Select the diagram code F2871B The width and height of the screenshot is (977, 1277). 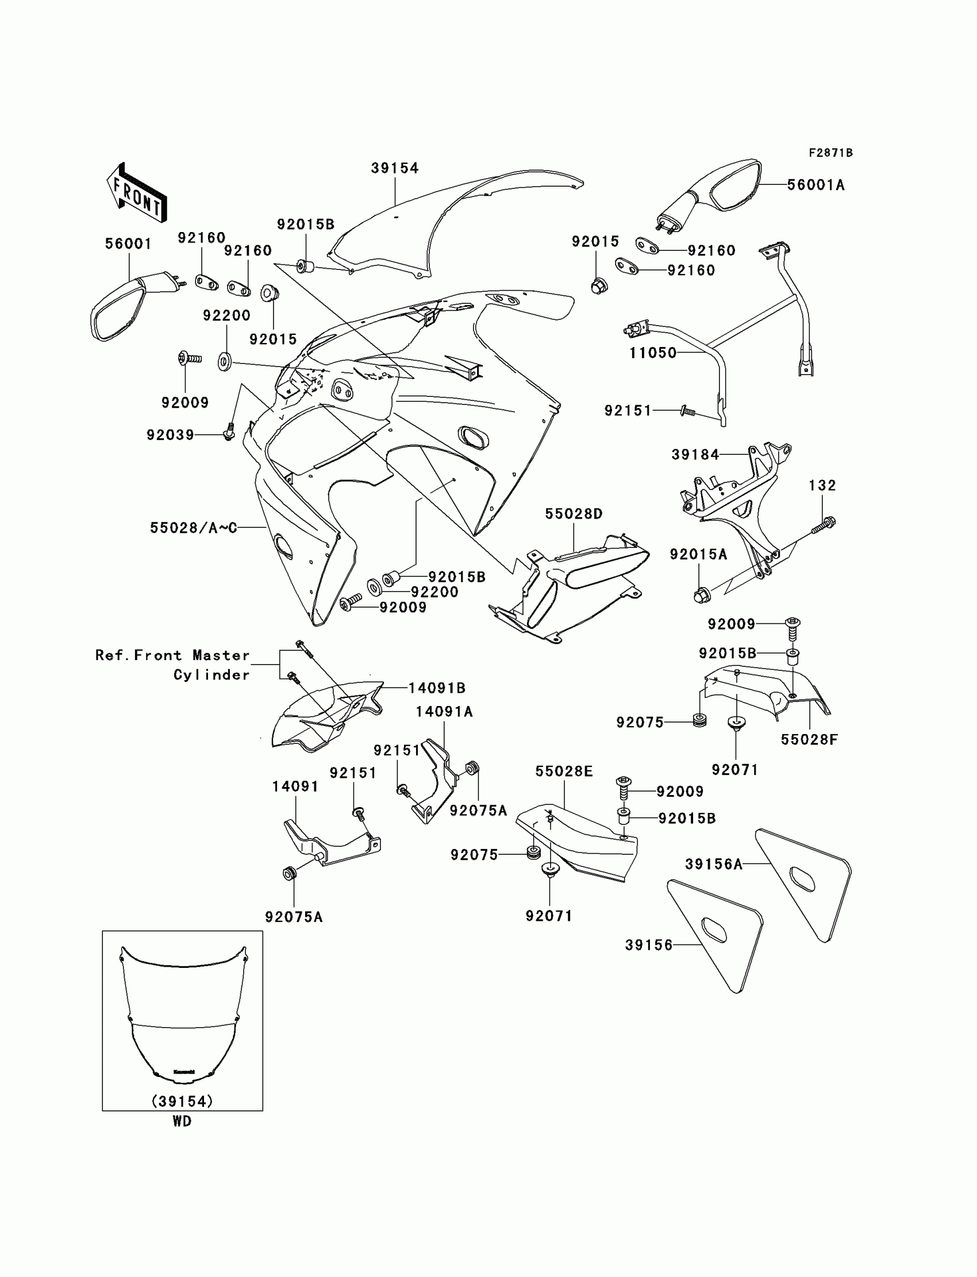(830, 153)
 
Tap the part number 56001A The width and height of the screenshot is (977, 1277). (816, 185)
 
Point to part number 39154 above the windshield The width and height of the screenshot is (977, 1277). (395, 168)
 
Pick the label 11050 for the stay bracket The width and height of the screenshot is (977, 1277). (652, 353)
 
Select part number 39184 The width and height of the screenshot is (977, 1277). (695, 454)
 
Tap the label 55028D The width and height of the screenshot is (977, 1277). (574, 514)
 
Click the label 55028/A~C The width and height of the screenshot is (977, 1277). (194, 528)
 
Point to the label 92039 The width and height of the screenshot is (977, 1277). (170, 435)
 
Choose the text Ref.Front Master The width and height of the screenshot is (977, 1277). (172, 655)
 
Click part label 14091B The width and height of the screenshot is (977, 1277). (437, 688)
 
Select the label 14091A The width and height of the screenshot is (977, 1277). (444, 712)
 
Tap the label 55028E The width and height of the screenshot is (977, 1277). (564, 771)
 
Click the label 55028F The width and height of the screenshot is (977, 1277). (809, 740)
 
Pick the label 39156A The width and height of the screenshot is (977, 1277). (714, 865)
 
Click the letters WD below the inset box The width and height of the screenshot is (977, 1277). (182, 1122)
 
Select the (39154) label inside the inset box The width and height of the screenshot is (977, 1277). (182, 1101)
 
